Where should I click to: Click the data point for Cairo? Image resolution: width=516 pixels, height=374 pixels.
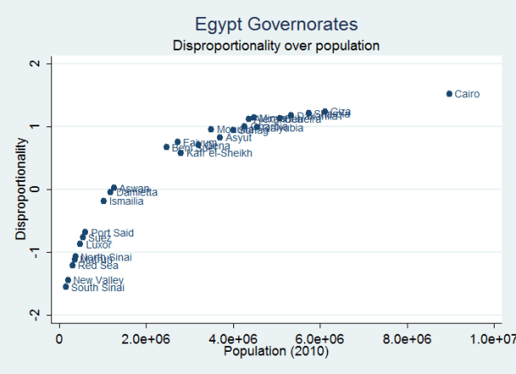click(x=449, y=93)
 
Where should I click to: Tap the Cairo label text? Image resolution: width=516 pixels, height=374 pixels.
click(x=467, y=94)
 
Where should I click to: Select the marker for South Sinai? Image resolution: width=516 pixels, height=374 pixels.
click(x=66, y=287)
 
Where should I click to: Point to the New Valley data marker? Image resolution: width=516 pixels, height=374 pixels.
click(x=67, y=279)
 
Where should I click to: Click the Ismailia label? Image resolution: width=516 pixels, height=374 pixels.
click(x=126, y=202)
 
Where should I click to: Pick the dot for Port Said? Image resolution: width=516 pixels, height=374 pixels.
click(x=85, y=231)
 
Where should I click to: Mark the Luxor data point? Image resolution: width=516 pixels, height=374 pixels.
click(x=80, y=243)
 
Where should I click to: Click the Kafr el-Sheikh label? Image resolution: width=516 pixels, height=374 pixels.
click(x=220, y=154)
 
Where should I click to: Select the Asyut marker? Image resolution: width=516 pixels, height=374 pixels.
click(x=220, y=137)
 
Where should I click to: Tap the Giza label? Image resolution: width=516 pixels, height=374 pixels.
click(x=340, y=111)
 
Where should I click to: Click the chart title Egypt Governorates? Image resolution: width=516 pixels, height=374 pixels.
click(x=275, y=24)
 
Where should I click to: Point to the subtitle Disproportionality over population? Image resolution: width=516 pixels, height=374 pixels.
click(x=275, y=44)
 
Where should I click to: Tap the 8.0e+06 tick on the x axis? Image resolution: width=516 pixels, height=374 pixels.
click(x=407, y=339)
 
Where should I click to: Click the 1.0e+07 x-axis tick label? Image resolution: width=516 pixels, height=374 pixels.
click(x=495, y=339)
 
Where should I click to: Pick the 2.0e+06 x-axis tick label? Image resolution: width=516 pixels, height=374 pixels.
click(x=146, y=339)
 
